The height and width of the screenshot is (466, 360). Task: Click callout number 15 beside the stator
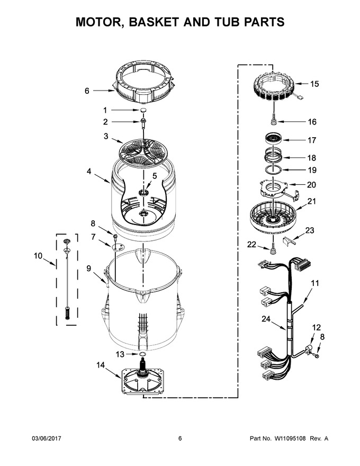click(314, 84)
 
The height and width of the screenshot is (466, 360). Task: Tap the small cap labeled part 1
click(144, 110)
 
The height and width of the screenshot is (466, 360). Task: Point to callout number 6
click(87, 91)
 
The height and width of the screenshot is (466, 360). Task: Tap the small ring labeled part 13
click(142, 354)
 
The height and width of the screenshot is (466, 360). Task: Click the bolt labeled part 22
click(272, 249)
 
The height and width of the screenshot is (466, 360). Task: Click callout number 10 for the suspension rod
click(38, 256)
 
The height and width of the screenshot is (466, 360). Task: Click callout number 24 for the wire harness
click(266, 319)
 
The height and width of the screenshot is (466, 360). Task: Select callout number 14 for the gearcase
click(101, 365)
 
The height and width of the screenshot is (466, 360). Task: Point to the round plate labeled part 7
click(119, 247)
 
